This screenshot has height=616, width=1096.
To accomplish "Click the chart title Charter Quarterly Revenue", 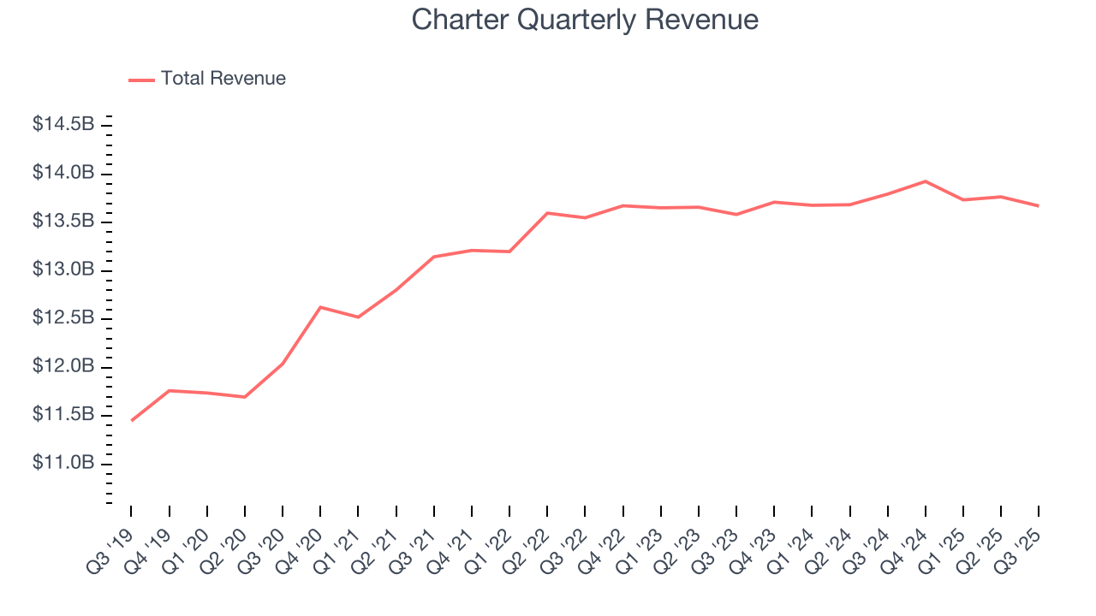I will pos(585,19).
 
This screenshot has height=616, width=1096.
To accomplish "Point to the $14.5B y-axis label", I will pos(63,125).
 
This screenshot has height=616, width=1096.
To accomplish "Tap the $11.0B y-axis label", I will pos(63,463).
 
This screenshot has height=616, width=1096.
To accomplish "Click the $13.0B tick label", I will pos(63,269).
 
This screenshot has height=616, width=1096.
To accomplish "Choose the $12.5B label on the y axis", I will pos(63,318).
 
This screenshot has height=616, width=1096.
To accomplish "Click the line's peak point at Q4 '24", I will pos(926,181).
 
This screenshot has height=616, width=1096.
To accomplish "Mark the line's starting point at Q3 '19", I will pos(131,420).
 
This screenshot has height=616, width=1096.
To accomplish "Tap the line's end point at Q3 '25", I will pos(1039,205).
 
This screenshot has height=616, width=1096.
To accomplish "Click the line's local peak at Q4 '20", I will pos(320,307).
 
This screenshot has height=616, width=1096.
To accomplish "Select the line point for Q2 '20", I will pos(245,397).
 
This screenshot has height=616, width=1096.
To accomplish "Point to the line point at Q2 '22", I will pos(547,213).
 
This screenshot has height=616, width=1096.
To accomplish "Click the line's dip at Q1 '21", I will pos(358,317).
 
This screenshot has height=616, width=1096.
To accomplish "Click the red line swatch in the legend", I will pos(141,80).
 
